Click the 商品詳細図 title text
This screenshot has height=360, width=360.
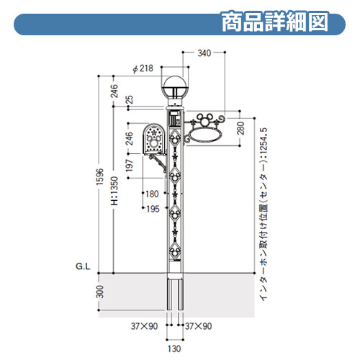[x=275, y=22]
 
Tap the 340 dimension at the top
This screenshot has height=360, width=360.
[x=204, y=53]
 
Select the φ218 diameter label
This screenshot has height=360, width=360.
[x=143, y=68]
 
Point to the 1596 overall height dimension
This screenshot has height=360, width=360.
[x=100, y=176]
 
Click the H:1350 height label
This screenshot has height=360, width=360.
[x=114, y=191]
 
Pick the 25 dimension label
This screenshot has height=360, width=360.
[x=130, y=99]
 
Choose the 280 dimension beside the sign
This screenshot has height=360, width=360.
[x=240, y=128]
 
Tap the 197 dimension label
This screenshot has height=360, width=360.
[x=130, y=165]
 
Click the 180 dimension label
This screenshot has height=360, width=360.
[x=152, y=194]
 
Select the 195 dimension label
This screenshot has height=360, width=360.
[x=153, y=209]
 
